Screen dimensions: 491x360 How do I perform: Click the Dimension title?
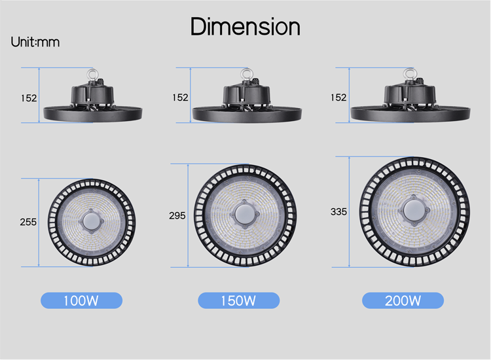245,27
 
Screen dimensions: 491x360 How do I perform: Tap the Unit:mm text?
35,42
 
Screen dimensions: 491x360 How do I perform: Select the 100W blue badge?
81,300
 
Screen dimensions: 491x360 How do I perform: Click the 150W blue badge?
238,300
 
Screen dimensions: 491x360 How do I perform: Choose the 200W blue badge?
403,300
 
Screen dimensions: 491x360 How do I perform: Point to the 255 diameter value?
28,222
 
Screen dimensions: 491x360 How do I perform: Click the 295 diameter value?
177,215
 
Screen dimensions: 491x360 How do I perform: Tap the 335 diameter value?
339,212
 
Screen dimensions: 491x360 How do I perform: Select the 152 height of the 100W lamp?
29,98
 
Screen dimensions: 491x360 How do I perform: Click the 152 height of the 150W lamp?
181,98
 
